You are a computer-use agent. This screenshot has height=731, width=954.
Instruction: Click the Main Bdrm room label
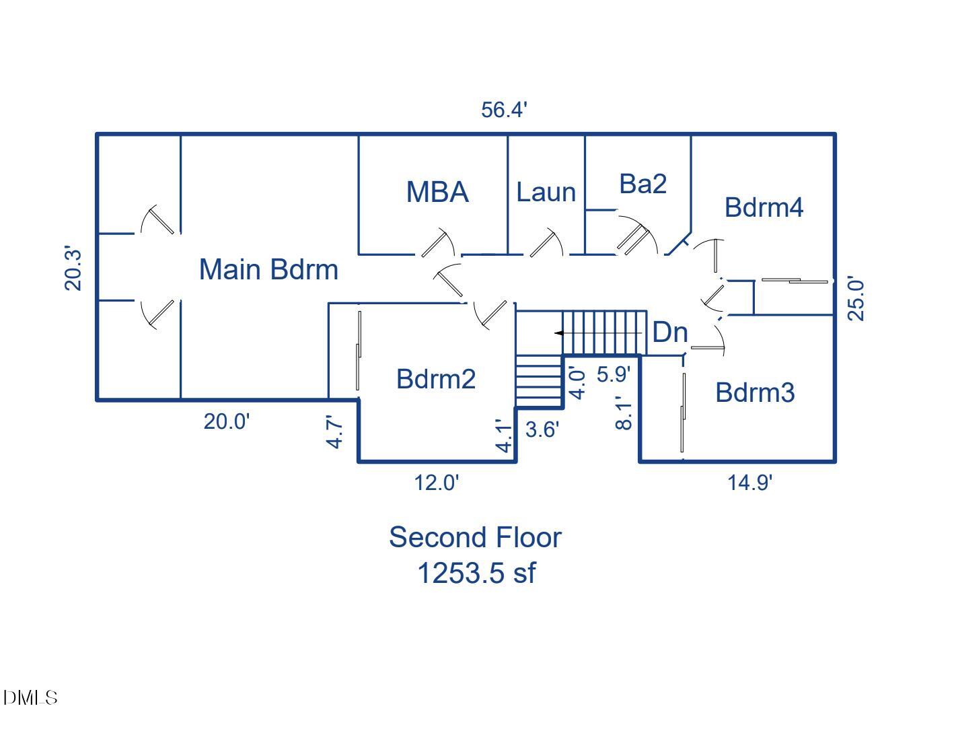[x=268, y=269]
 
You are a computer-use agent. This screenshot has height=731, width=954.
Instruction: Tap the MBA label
[x=437, y=192]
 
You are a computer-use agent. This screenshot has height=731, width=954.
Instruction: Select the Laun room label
[x=546, y=193]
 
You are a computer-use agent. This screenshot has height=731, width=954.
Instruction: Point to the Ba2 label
[x=643, y=183]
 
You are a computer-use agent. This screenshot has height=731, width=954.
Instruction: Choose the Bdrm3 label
[x=755, y=392]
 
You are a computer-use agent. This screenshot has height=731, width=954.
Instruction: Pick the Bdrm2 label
[x=436, y=378]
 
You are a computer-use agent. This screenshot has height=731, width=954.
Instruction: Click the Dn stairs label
[x=670, y=332]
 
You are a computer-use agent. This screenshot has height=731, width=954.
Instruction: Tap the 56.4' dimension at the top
[x=504, y=110]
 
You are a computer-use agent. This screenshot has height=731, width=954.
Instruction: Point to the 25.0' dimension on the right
[x=856, y=299]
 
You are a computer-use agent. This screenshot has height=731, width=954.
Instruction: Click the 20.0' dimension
[x=227, y=421]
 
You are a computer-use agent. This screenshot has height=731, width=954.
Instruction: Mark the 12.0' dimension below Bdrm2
[x=437, y=483]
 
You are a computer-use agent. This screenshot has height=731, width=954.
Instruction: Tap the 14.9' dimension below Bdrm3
[x=750, y=483]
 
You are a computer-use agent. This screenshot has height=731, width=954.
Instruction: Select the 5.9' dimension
[x=614, y=374]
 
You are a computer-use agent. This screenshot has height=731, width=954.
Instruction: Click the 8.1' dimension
[x=624, y=413]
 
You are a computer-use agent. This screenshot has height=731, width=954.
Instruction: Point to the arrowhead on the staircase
[x=558, y=333]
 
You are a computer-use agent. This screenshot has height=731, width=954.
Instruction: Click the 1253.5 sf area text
[x=476, y=573]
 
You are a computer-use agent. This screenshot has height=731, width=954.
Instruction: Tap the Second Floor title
[x=475, y=537]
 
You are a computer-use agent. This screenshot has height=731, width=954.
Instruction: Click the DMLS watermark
[x=30, y=698]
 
